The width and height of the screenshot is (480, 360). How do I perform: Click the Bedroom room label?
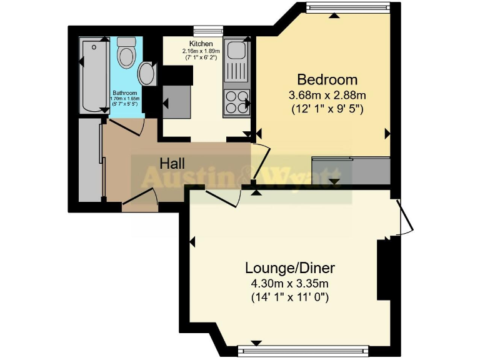coord(327,80)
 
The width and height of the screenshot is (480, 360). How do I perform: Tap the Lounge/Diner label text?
coord(289,268)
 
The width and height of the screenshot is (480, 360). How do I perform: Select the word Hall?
coord(172,164)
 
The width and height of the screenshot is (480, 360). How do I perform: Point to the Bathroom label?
coord(126,92)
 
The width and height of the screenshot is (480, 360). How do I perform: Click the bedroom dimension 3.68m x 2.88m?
coord(327,96)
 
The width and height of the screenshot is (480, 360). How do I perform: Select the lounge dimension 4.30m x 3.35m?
coord(289,284)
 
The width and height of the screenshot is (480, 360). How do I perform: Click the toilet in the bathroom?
coord(127,52)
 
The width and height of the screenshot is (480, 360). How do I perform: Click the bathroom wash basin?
coord(147,73)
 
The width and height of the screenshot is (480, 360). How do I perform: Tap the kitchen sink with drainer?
coord(237,62)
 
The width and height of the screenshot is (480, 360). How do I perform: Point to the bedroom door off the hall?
coord(261,159)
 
